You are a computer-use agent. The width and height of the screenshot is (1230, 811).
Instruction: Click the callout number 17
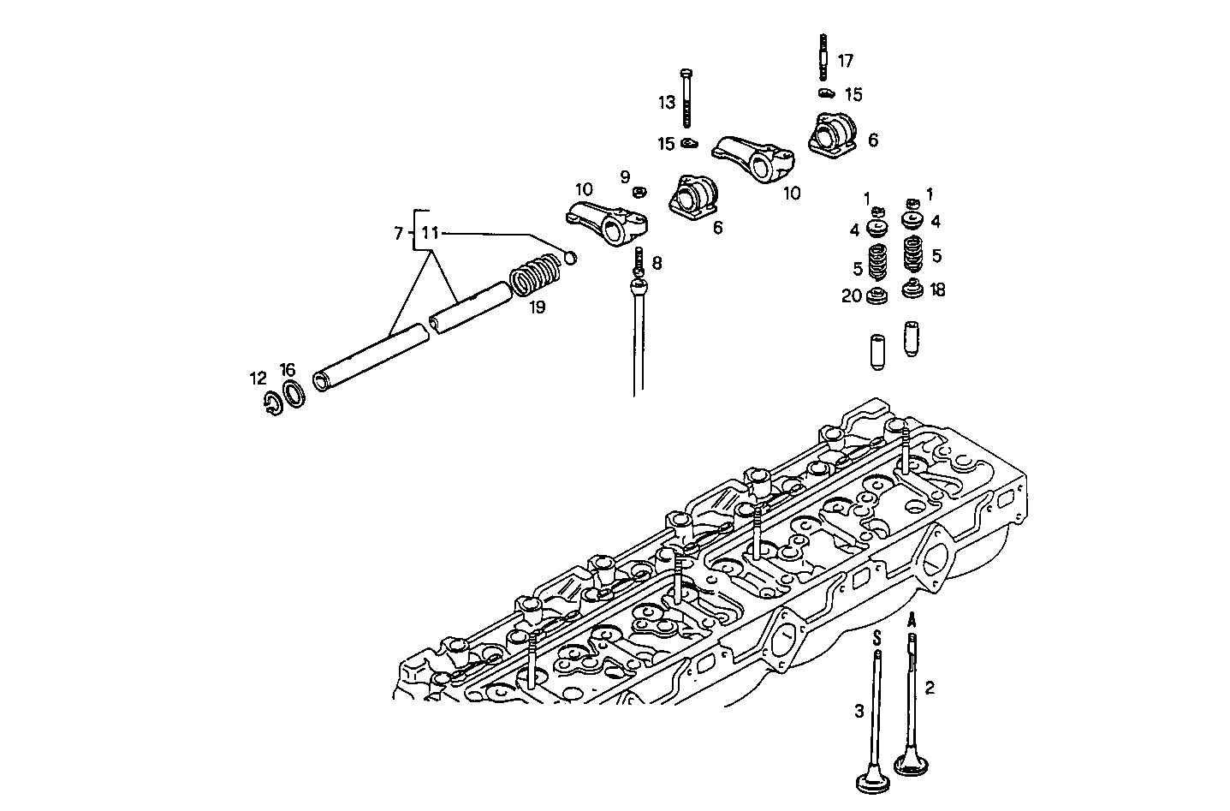pos(845,61)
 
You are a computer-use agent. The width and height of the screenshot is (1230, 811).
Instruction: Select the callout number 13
pos(667,103)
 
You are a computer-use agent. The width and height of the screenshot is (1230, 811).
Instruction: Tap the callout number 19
pos(537,307)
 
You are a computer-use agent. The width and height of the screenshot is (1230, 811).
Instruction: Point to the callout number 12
pos(258,379)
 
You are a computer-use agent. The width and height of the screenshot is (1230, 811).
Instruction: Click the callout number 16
pos(288,370)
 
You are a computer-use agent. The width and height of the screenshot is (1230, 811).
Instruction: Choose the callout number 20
pos(851,295)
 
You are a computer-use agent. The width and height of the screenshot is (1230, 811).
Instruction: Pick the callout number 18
pos(937,290)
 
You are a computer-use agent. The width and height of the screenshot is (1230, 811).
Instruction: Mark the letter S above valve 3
pos(876,637)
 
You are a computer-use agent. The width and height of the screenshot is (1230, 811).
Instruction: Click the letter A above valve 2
pos(913,618)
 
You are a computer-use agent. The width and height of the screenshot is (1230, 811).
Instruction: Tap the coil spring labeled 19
pos(534,276)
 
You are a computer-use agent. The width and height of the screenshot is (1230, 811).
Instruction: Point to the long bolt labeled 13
pos(687,98)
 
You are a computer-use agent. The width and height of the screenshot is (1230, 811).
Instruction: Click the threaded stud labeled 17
pos(823,57)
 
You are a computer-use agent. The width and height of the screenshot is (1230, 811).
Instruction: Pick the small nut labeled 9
pos(639,191)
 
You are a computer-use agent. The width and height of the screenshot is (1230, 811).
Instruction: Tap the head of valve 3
pos(875,781)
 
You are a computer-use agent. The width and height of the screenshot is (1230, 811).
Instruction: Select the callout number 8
pos(657,262)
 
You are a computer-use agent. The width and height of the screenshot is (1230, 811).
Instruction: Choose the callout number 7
pos(398,233)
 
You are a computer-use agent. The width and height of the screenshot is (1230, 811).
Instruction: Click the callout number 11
pos(430,233)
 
